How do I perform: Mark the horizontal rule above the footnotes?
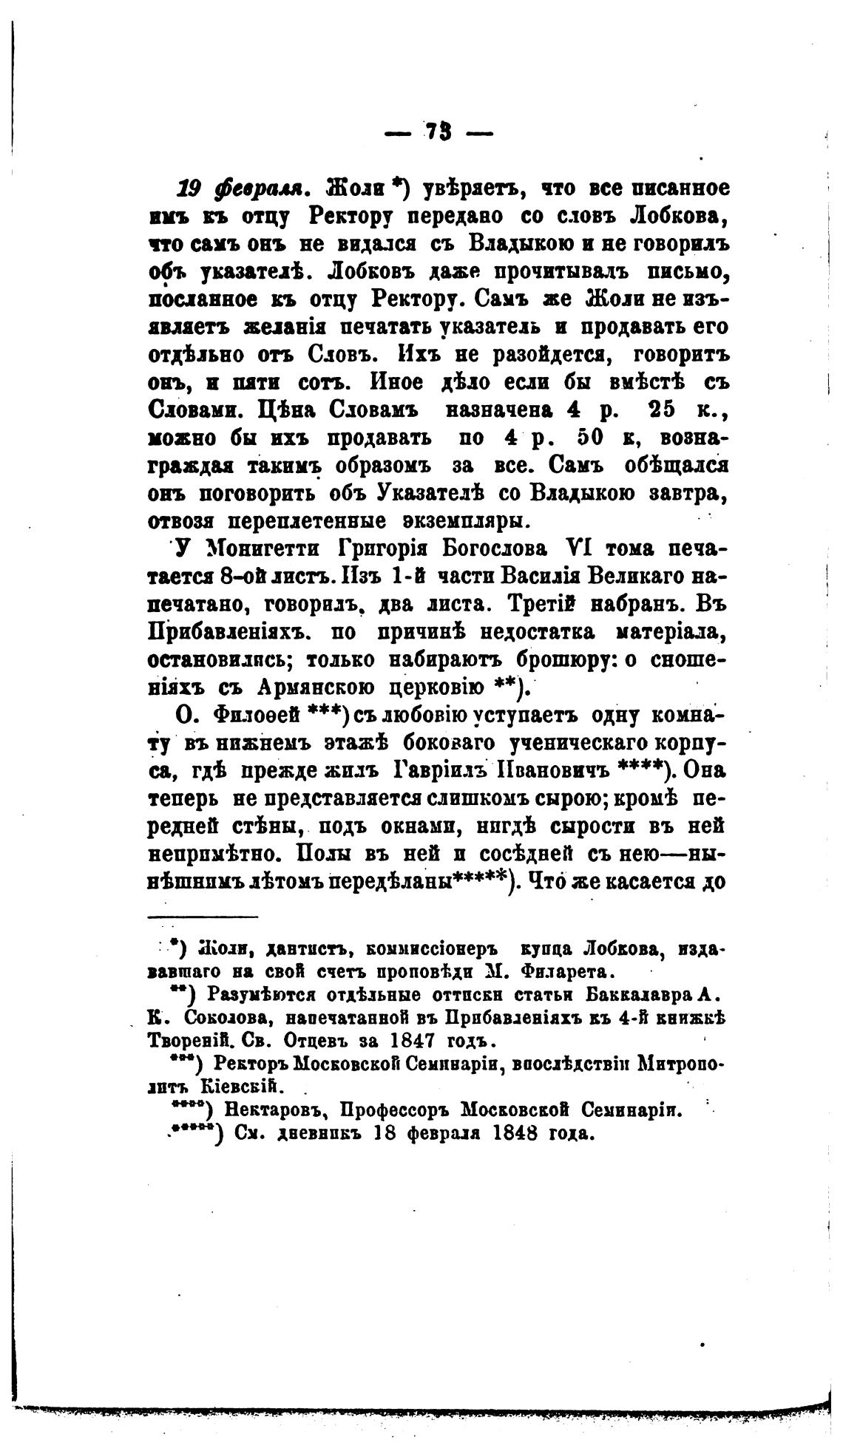(203, 917)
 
